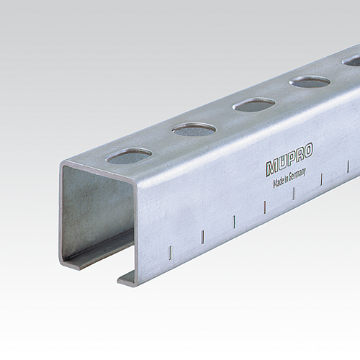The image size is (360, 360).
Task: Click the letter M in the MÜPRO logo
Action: [271, 168]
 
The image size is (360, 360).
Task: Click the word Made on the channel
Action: [279, 182]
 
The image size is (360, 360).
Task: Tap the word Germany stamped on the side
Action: [297, 175]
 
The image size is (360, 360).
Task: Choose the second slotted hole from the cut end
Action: [194, 129]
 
